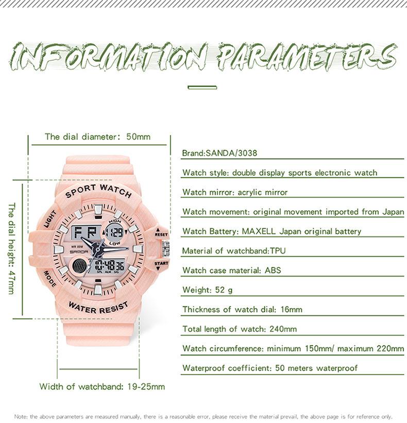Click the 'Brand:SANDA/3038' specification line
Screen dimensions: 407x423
point(219,153)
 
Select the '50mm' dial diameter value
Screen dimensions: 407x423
point(138,137)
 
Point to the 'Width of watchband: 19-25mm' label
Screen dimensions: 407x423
point(102,386)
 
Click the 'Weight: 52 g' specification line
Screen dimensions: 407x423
point(208,290)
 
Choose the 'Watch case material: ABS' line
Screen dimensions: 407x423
point(232,270)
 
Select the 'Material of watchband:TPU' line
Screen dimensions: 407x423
point(234,251)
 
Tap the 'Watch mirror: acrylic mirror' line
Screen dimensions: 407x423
point(235,192)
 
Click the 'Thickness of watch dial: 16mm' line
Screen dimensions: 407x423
point(242,309)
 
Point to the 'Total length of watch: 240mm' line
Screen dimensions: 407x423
point(240,329)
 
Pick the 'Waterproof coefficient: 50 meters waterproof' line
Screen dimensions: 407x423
point(270,368)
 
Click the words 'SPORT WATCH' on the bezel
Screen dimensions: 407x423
point(98,189)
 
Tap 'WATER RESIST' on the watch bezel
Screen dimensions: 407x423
point(98,309)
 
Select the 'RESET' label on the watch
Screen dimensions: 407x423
point(161,234)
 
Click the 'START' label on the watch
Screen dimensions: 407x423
point(161,264)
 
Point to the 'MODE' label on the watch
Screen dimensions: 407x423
point(50,279)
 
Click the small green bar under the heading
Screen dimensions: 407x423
point(202,88)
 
